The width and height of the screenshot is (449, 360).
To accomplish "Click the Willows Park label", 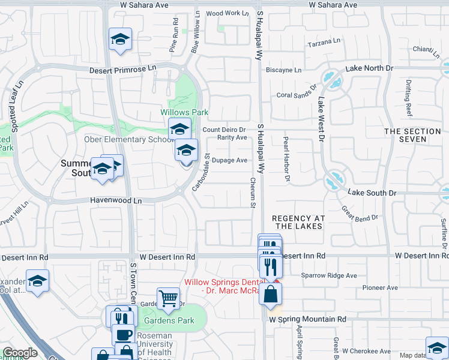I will click(x=184, y=112).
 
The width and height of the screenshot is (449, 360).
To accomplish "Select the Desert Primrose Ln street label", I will click(x=122, y=70).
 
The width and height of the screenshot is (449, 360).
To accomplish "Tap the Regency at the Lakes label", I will click(x=297, y=223).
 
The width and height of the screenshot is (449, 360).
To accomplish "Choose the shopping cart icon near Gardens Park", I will click(x=168, y=297).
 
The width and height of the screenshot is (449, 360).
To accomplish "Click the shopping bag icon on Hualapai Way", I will click(x=271, y=294).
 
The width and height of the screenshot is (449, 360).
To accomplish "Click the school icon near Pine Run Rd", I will click(x=120, y=40).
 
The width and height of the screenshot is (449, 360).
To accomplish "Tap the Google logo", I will click(x=20, y=353).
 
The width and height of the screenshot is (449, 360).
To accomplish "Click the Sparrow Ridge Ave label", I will click(x=330, y=276).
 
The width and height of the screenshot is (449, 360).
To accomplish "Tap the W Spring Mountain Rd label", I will click(x=307, y=320).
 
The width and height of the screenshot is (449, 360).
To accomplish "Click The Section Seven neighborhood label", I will click(x=413, y=135).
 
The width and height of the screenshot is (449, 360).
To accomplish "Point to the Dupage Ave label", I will click(x=229, y=160).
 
